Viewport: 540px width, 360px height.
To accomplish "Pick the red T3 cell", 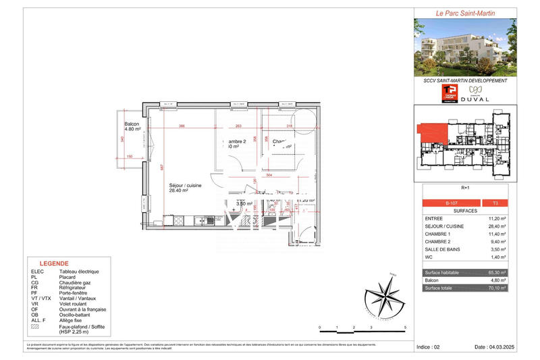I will (x=495, y=203).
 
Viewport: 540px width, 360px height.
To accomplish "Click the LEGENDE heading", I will (x=53, y=264).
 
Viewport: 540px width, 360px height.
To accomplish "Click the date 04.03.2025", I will (x=495, y=346).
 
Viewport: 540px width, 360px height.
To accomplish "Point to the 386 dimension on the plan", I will (x=182, y=126).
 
